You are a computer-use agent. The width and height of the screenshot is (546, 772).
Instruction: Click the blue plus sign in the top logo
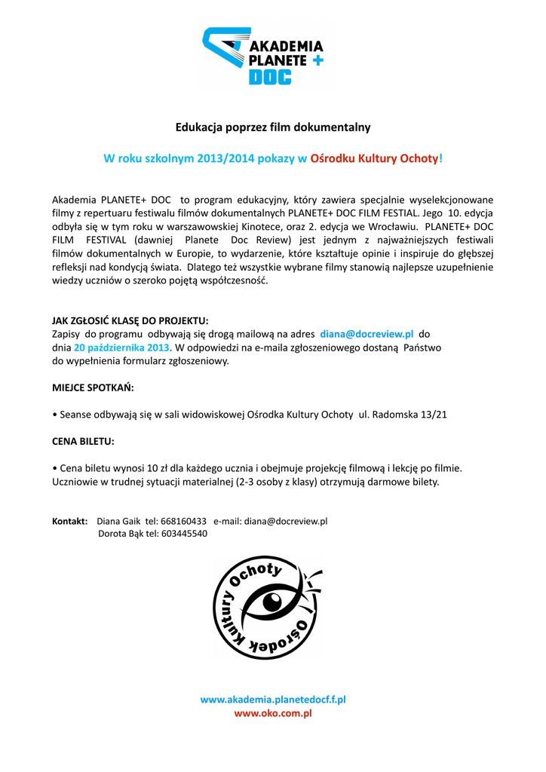317,60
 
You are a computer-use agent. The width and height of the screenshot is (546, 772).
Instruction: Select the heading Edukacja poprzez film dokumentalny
273,127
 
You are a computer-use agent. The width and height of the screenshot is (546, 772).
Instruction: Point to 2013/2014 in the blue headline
225,158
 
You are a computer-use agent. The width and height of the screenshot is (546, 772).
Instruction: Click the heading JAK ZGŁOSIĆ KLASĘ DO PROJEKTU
130,320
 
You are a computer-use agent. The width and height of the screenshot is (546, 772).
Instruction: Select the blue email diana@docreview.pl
367,333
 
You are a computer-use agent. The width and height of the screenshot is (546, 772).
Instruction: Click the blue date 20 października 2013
121,348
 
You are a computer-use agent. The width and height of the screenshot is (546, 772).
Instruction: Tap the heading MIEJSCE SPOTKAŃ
93,388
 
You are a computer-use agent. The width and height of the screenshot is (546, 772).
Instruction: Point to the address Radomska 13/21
413,415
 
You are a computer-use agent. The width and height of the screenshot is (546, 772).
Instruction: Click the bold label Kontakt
69,521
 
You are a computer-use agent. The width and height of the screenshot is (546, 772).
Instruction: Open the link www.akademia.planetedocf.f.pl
273,700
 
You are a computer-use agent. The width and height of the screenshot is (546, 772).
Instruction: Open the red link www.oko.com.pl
273,713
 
